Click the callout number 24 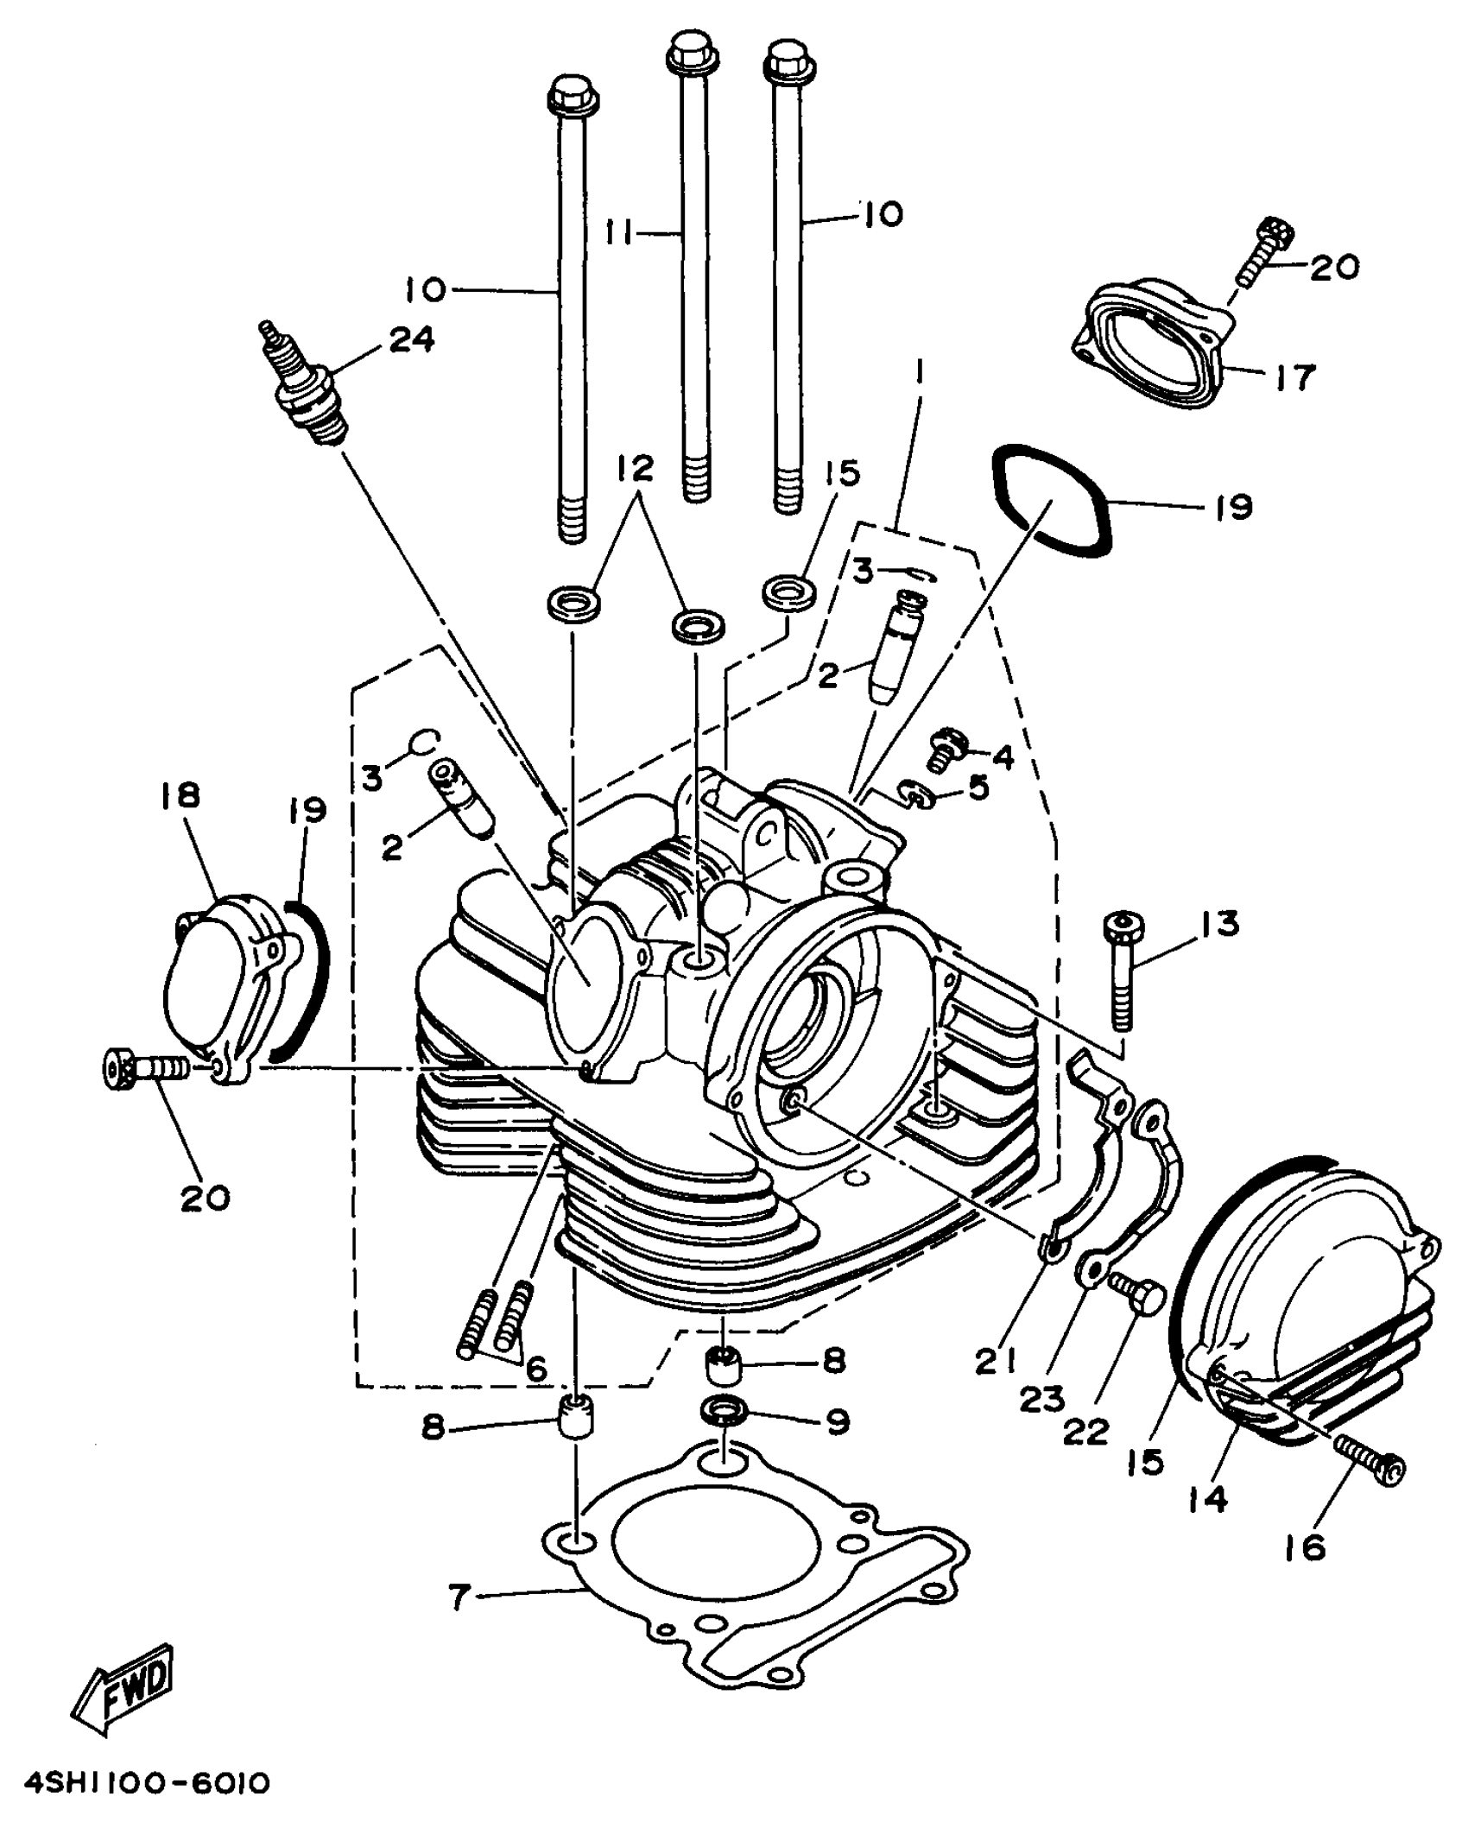pos(411,339)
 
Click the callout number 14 pos(1206,1500)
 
